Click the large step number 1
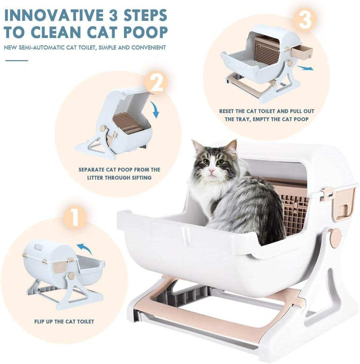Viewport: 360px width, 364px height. [x=75, y=217]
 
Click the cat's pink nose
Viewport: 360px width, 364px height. [x=211, y=171]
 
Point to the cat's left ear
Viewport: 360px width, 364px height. [x=231, y=147]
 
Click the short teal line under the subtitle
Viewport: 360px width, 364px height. [x=16, y=60]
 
